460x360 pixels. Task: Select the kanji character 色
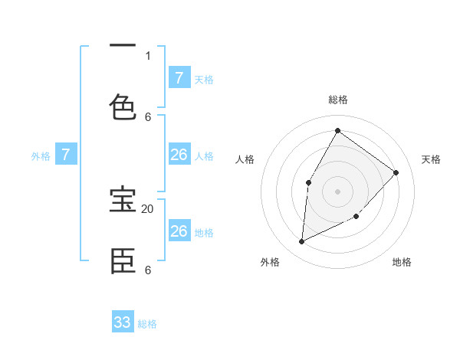[123, 107]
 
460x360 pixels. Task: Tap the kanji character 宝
[123, 201]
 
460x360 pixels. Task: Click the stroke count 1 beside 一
[148, 55]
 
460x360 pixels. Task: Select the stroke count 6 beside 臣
[148, 270]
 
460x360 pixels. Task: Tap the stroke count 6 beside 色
[148, 116]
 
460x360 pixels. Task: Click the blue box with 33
[123, 322]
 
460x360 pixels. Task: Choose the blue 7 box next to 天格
[179, 77]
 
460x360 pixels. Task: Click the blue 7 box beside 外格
[66, 155]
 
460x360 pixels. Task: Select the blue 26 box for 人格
[179, 155]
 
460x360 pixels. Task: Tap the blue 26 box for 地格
[179, 231]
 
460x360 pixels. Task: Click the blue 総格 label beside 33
[148, 324]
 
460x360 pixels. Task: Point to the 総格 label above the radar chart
[337, 100]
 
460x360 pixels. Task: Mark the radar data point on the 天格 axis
[396, 172]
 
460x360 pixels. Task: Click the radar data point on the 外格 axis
[301, 242]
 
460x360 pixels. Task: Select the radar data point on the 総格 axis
[337, 130]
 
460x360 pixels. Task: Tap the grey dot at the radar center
[337, 191]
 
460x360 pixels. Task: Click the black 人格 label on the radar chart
[245, 159]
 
